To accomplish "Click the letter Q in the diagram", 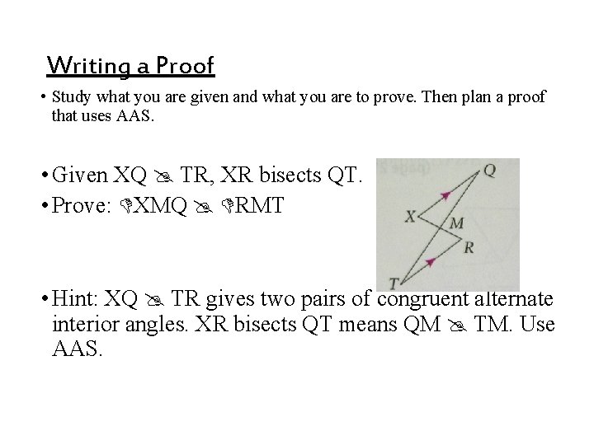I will tap(488, 171).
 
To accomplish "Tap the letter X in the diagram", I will tap(410, 217).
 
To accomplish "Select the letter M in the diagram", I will tap(456, 223).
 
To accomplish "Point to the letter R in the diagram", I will tap(469, 247).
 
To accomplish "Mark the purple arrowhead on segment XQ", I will tap(446, 195).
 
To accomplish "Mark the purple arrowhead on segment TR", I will tap(430, 262).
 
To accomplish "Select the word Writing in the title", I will tap(80, 65).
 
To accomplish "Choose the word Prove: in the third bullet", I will tap(85, 205).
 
